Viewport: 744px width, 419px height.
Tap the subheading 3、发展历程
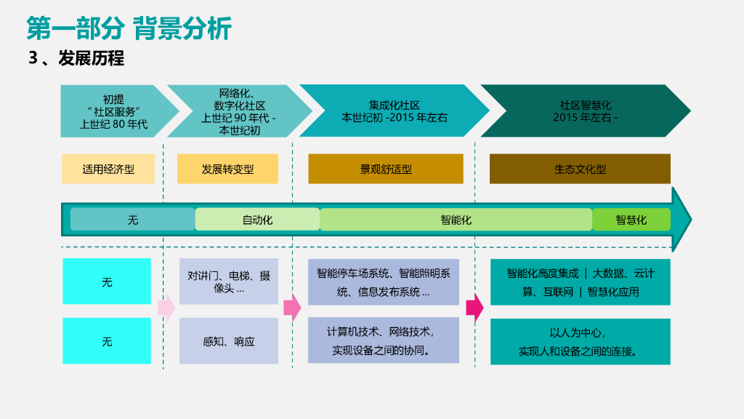(76, 58)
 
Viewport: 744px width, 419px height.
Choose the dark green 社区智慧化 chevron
(584, 111)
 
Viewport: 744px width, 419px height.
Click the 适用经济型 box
(108, 169)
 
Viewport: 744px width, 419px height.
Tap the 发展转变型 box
(227, 169)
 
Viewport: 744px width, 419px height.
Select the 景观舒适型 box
(386, 169)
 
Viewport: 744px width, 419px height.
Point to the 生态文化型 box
(580, 169)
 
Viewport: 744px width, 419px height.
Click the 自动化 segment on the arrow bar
(257, 219)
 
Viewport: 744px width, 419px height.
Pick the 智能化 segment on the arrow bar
(456, 219)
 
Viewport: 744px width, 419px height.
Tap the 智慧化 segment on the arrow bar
(631, 219)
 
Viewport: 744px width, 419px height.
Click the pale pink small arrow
(166, 308)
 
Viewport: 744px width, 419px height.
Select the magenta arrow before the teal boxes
(474, 308)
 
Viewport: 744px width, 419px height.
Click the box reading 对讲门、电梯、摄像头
(229, 282)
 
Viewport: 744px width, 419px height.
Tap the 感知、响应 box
(229, 340)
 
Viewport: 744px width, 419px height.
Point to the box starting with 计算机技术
(384, 340)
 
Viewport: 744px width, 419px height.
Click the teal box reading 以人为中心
(580, 341)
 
